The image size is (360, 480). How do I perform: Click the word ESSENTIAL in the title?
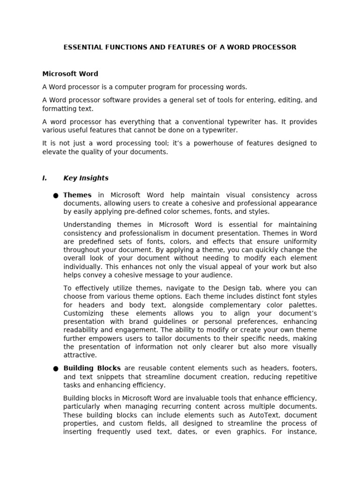click(81, 47)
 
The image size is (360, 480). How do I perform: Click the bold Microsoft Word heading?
click(70, 74)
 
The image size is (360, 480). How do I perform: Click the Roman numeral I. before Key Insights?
click(45, 178)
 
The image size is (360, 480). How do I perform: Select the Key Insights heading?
click(86, 178)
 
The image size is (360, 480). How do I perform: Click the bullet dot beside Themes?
click(56, 195)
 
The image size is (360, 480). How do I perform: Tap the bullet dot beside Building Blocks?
click(56, 369)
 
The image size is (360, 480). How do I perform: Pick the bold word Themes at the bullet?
click(77, 195)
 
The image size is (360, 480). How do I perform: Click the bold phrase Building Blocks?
click(92, 368)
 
